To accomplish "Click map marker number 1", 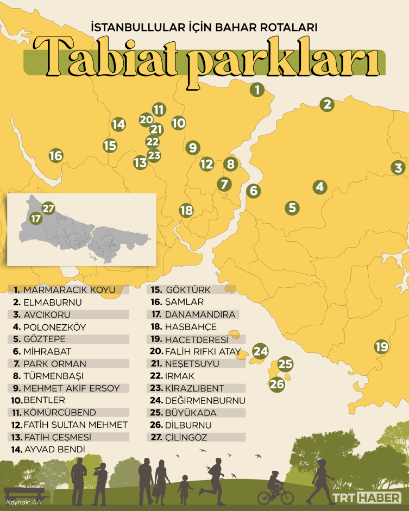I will (257, 90).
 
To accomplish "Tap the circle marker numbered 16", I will (55, 156).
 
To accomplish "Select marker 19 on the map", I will (381, 346).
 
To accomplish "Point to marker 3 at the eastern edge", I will (399, 168).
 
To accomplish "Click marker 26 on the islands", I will (277, 384).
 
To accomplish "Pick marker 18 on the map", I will (186, 210).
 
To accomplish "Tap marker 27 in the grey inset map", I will (48, 209).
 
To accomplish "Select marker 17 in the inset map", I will (36, 219).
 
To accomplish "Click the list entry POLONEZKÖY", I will (54, 327).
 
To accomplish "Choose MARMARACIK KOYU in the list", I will (69, 290).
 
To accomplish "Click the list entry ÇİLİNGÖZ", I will (186, 437).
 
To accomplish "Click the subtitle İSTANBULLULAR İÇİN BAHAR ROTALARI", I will (204, 26).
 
